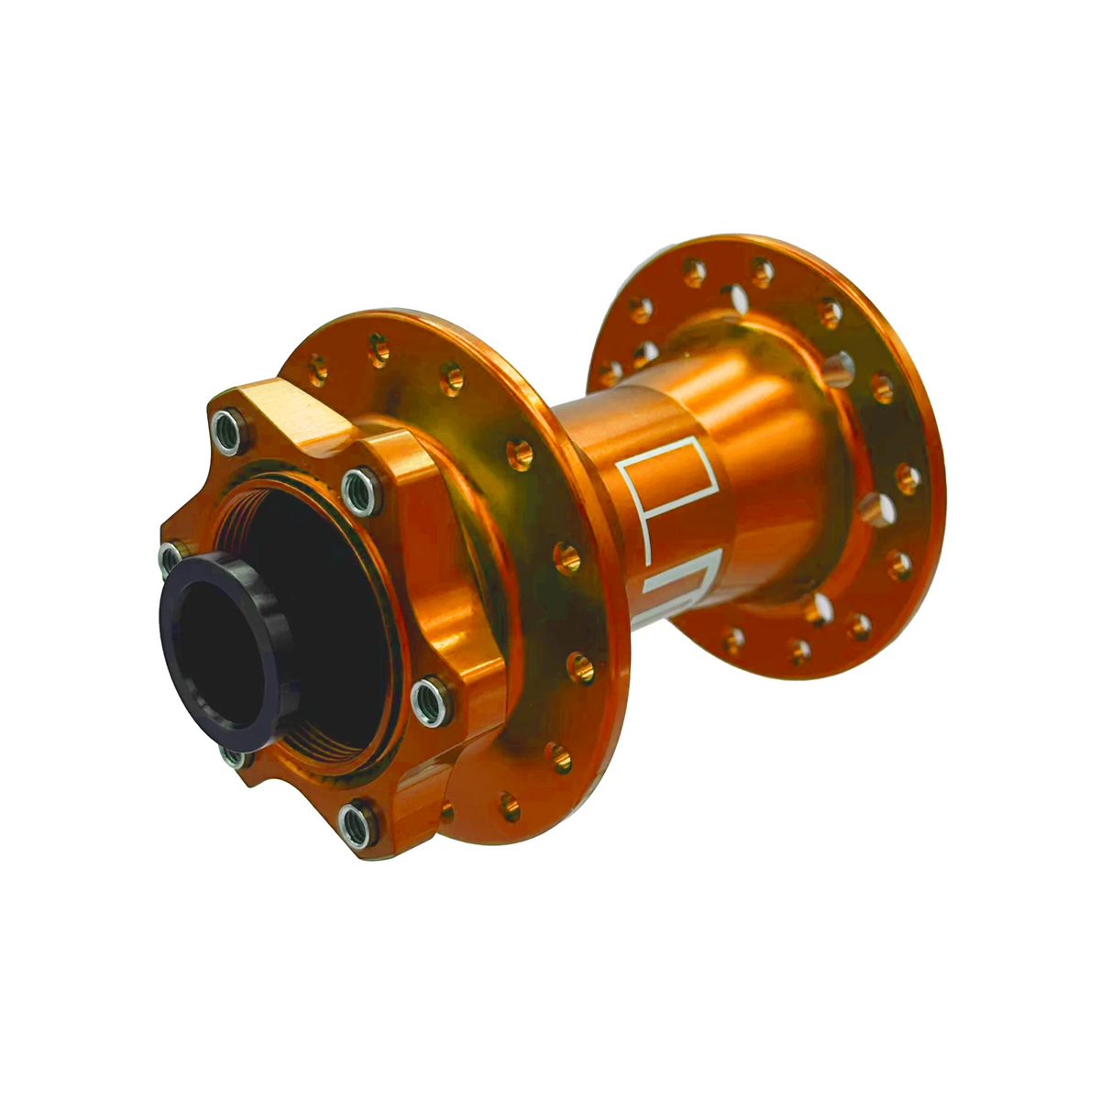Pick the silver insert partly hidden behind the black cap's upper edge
[x=171, y=555]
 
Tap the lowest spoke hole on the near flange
[x=510, y=807]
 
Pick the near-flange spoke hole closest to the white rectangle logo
[x=566, y=556]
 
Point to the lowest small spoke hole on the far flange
[x=799, y=652]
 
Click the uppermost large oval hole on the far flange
[x=734, y=296]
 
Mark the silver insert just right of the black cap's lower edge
[x=426, y=701]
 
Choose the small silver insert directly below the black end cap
[x=233, y=757]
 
